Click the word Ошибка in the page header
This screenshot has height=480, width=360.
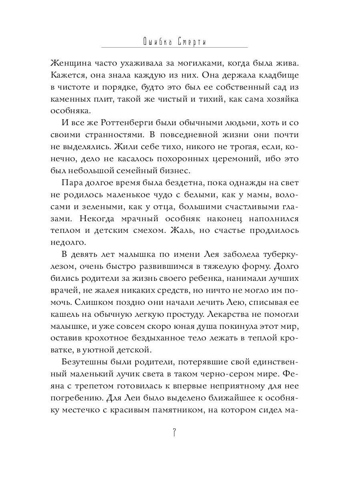pos(158,42)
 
